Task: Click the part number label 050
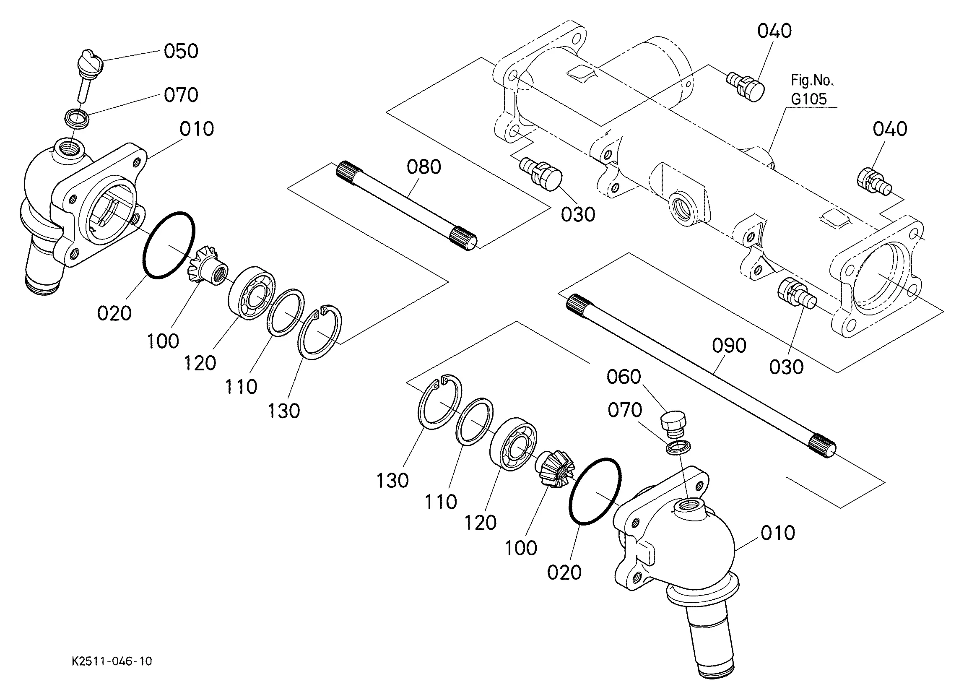(x=181, y=51)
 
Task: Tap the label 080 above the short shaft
(x=424, y=167)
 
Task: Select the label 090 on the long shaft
(x=729, y=346)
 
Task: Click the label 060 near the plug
(x=624, y=377)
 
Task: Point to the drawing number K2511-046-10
(x=112, y=661)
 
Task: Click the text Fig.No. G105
(x=811, y=89)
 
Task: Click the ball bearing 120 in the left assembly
(x=252, y=294)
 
